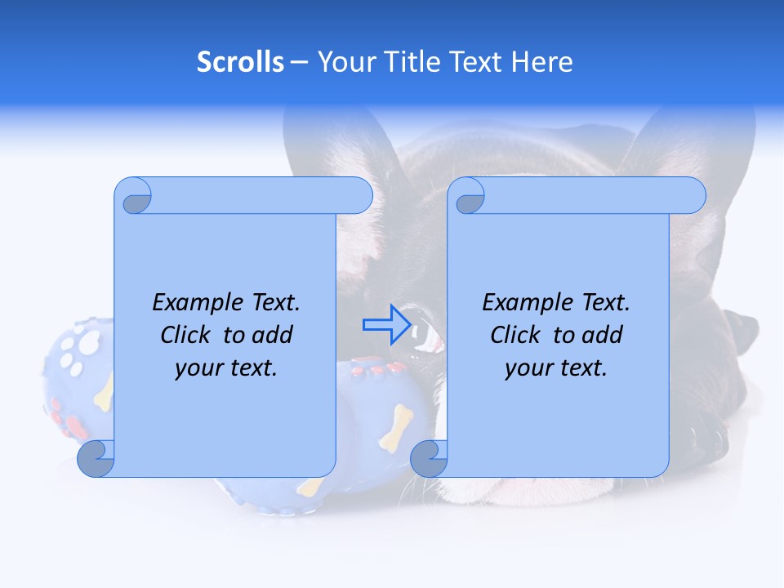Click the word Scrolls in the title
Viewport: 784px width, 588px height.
[x=240, y=62]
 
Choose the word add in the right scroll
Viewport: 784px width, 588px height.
[x=602, y=335]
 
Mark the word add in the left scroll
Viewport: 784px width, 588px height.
[x=272, y=335]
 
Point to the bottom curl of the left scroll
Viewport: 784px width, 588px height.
[x=96, y=458]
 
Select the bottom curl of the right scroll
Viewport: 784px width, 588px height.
[x=428, y=458]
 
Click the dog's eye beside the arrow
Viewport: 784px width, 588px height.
[x=425, y=332]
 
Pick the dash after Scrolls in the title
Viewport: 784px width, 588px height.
[x=299, y=63]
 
